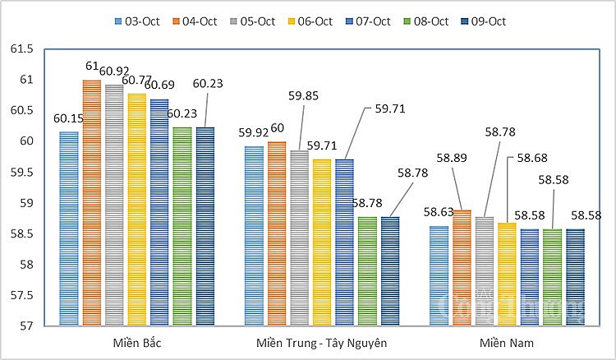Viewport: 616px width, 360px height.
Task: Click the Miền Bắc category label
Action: pos(137,342)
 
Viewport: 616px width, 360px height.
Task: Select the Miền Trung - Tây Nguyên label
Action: pos(320,342)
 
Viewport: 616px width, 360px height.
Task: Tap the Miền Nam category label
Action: pos(506,342)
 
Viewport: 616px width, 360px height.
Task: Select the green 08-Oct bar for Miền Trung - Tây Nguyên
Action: pos(367,271)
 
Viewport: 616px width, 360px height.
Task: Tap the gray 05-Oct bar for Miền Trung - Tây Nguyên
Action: pos(299,238)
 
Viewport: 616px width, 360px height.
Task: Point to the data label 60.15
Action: pos(68,118)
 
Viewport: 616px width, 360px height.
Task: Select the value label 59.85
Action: pos(313,95)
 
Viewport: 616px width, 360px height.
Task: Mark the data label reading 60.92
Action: pos(115,71)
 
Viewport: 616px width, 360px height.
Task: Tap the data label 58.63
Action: pos(439,212)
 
